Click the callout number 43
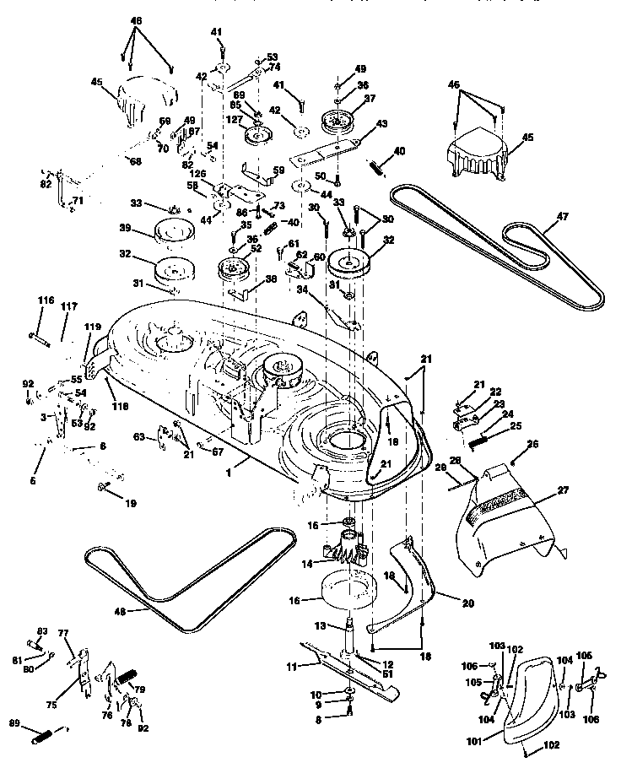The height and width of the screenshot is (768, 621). pos(381,124)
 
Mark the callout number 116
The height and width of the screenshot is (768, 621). pos(45,300)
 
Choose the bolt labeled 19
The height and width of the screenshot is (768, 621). pos(105,487)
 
